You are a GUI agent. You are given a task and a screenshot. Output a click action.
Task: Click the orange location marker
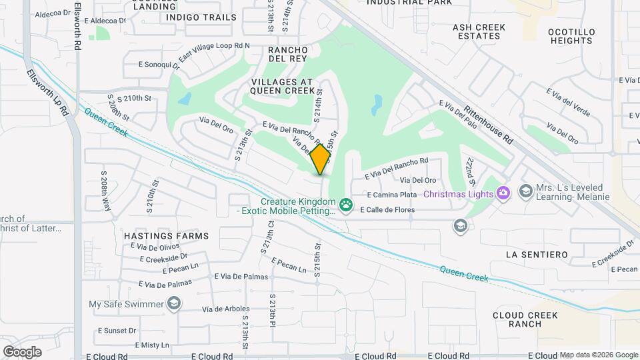(321, 159)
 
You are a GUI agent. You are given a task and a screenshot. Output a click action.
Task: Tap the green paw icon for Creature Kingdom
(345, 205)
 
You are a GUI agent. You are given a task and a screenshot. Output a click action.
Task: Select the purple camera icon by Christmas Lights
(503, 193)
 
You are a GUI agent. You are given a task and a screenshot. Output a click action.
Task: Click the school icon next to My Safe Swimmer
(174, 305)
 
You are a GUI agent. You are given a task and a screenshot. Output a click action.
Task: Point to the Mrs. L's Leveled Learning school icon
(525, 192)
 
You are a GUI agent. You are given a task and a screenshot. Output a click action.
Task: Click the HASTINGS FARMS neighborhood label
(166, 236)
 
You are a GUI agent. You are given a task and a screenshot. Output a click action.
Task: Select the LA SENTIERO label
(536, 255)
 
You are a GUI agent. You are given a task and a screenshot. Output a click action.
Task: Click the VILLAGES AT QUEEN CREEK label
(282, 85)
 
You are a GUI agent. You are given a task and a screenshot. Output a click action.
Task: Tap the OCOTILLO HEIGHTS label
(570, 36)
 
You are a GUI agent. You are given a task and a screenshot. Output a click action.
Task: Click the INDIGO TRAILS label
(201, 17)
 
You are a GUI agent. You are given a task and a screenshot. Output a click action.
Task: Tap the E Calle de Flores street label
(387, 210)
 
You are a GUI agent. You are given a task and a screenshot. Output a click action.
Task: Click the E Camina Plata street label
(393, 195)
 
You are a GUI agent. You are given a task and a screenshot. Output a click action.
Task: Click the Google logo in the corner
(22, 351)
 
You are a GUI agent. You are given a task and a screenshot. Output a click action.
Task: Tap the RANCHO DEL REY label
(287, 55)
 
